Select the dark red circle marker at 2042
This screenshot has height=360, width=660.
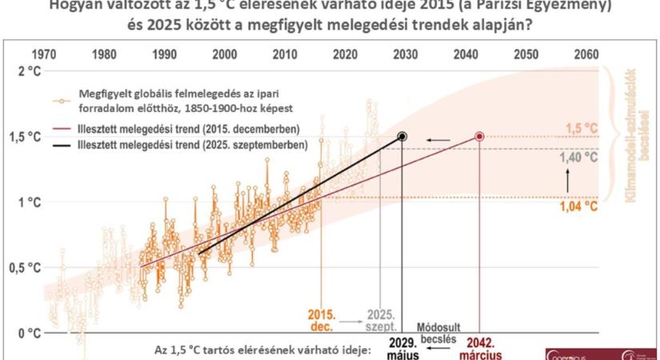click(479, 137)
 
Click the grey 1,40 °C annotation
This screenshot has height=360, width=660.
click(580, 158)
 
